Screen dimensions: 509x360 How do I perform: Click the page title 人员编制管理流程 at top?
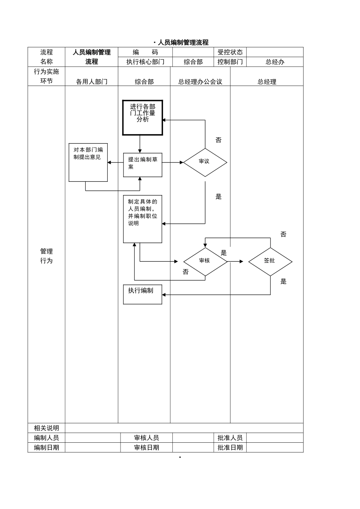point(183,42)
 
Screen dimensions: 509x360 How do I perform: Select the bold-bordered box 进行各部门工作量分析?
point(142,118)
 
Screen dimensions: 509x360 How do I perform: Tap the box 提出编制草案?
point(142,165)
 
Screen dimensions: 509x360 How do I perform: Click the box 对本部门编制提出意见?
point(88,162)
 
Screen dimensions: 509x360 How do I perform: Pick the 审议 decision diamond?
point(205,162)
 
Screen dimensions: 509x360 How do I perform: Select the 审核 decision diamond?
point(205,261)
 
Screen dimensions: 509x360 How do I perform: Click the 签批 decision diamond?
point(270,261)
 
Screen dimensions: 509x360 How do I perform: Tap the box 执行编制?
point(142,294)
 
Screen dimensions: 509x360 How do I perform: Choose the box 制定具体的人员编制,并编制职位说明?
point(142,219)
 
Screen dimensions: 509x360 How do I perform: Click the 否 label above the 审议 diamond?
point(218,141)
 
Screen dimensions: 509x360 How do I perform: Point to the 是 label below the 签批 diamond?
point(283,281)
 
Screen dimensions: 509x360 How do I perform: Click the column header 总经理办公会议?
point(200,82)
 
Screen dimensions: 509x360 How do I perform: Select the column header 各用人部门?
point(92,82)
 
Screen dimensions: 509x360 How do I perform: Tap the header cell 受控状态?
point(230,52)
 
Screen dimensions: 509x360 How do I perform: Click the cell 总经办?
point(275,62)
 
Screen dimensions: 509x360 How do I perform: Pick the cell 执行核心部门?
point(145,62)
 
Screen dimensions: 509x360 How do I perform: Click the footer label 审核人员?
point(146,438)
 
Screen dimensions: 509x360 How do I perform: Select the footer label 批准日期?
point(230,448)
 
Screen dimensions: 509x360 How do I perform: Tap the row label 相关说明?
point(46,428)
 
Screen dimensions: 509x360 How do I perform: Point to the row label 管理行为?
point(46,256)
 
